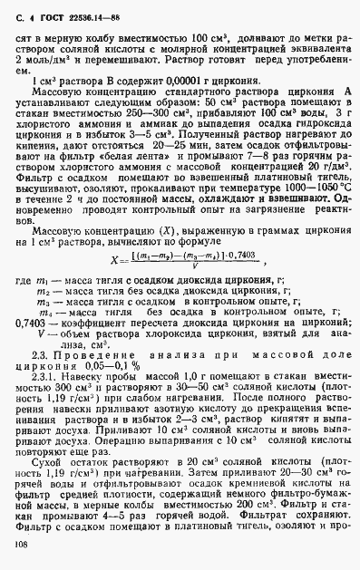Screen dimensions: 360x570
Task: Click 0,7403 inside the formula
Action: [240, 256]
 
